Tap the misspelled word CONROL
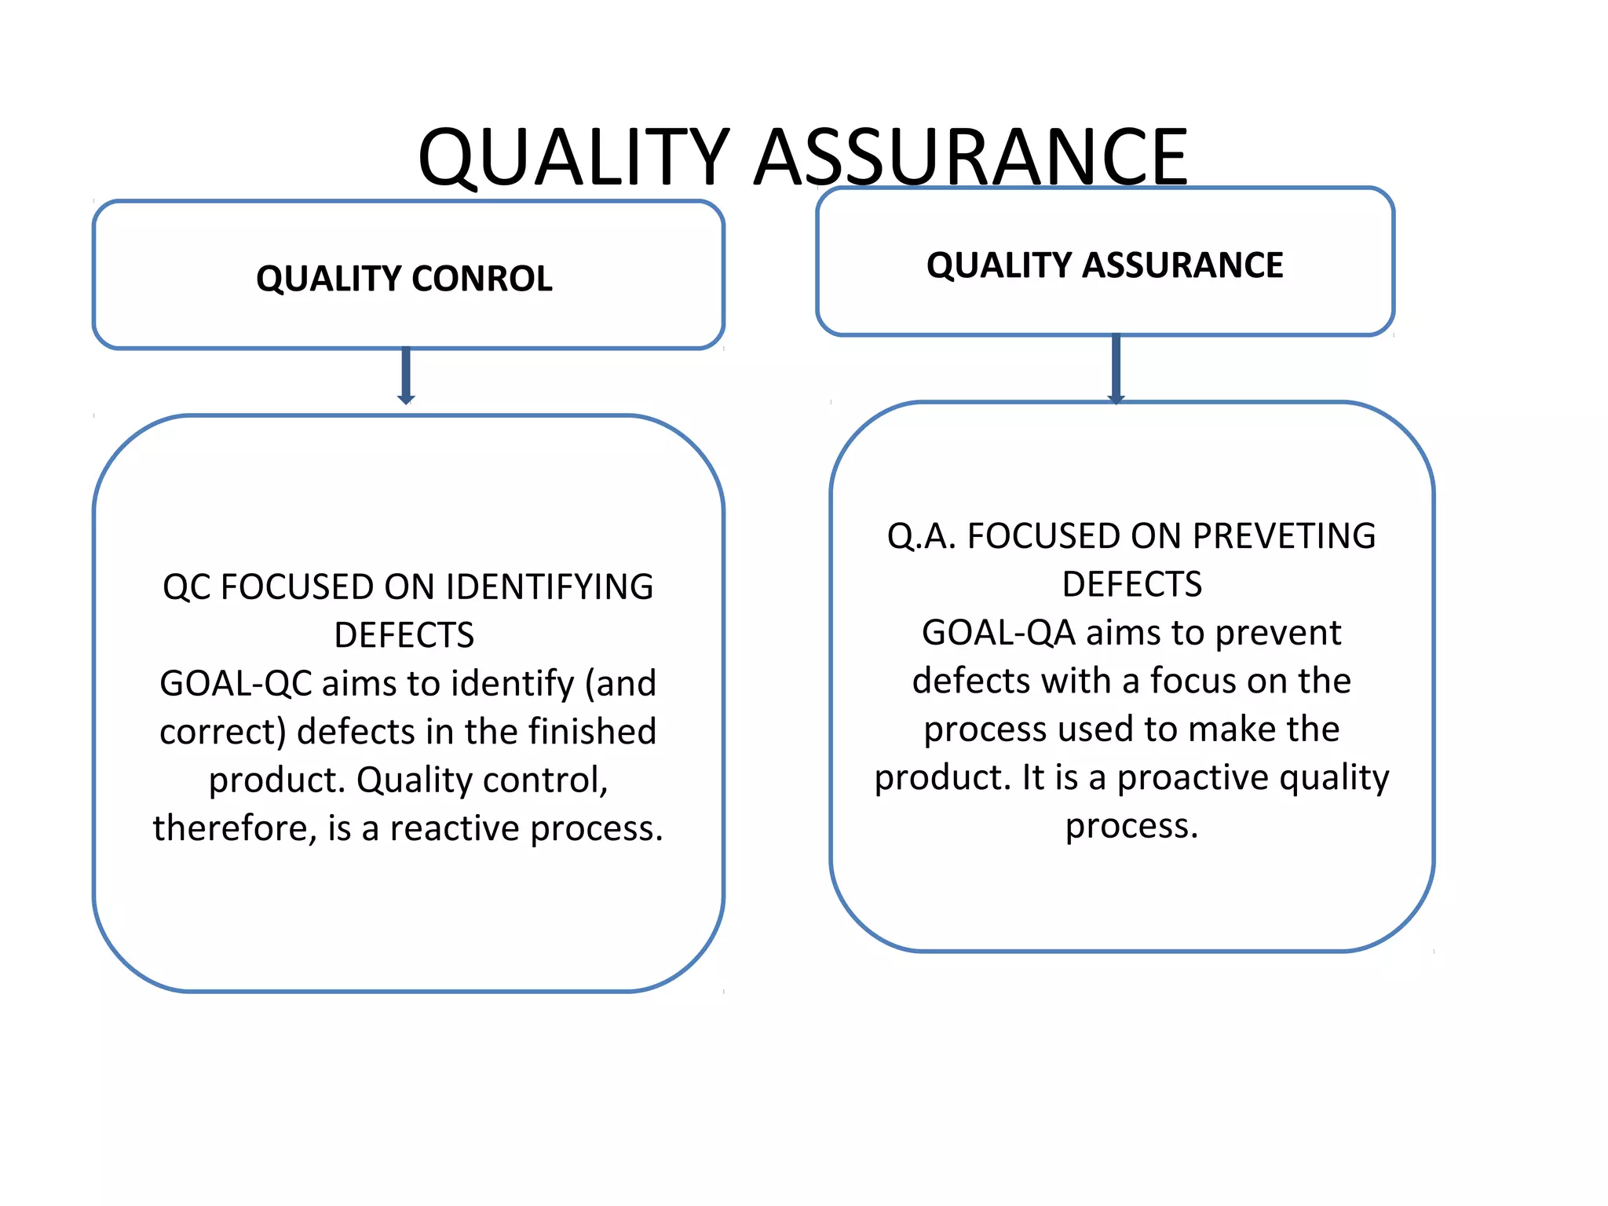point(481,279)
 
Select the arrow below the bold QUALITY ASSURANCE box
point(1116,368)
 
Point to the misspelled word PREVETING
point(1284,536)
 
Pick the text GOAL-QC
point(236,683)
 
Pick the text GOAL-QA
point(998,633)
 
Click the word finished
point(592,732)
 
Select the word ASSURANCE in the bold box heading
point(1183,265)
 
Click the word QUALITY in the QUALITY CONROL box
point(329,279)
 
